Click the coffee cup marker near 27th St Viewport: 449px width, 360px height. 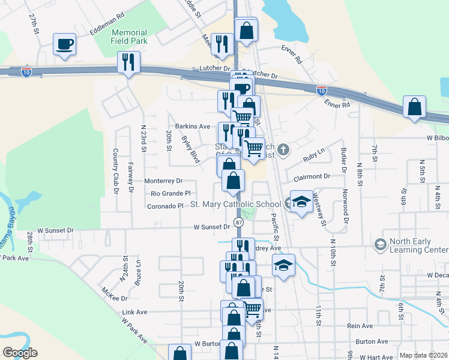coord(65,44)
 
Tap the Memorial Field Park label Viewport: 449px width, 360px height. coord(128,37)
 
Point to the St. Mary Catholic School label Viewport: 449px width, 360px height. coord(235,205)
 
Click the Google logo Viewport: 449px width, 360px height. coord(20,353)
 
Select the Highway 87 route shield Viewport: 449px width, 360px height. coord(239,223)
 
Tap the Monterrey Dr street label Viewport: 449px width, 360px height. coord(163,181)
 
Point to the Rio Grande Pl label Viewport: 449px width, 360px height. coord(170,193)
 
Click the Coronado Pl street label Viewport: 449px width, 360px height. coord(164,206)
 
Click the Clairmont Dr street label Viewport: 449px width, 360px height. coord(312,177)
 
